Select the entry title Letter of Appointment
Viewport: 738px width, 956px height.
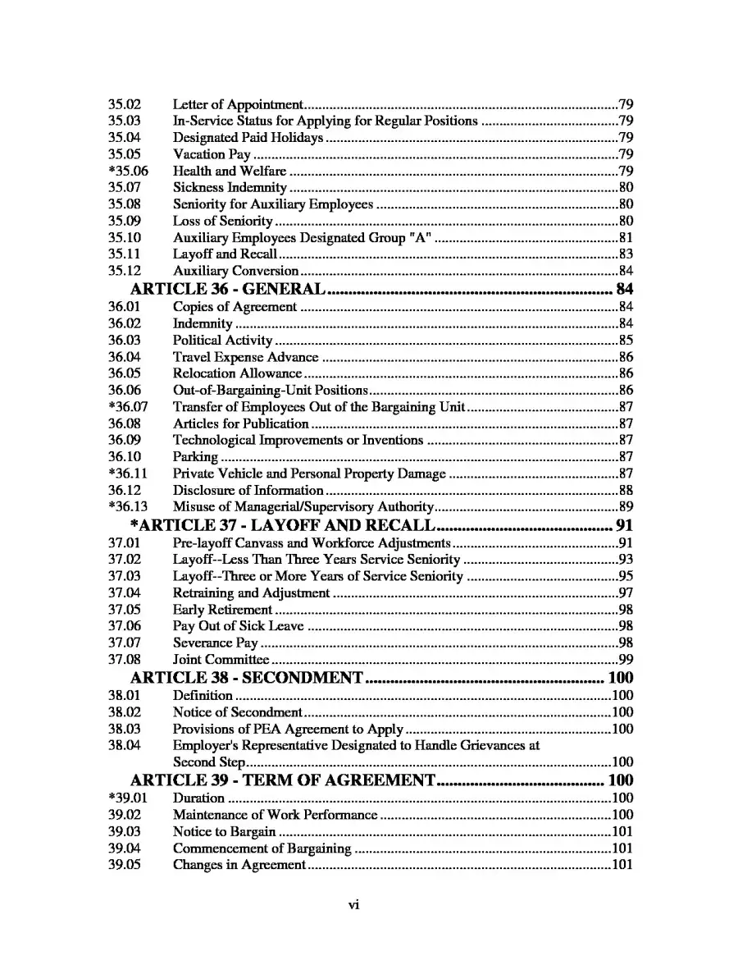coord(238,104)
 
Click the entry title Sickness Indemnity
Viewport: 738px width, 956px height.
coord(230,188)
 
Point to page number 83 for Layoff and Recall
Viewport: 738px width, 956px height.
coord(626,254)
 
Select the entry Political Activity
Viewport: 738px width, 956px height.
coord(222,340)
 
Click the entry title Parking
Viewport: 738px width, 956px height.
coord(195,456)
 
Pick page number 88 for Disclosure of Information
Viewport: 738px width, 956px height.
coord(626,490)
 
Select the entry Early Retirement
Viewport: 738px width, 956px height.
coord(222,610)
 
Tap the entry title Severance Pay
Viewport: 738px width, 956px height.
coord(215,643)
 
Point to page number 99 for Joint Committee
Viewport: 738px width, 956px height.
coord(626,659)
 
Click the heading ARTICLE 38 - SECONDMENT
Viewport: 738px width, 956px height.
coord(247,678)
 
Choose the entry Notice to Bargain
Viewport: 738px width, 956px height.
coord(224,831)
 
